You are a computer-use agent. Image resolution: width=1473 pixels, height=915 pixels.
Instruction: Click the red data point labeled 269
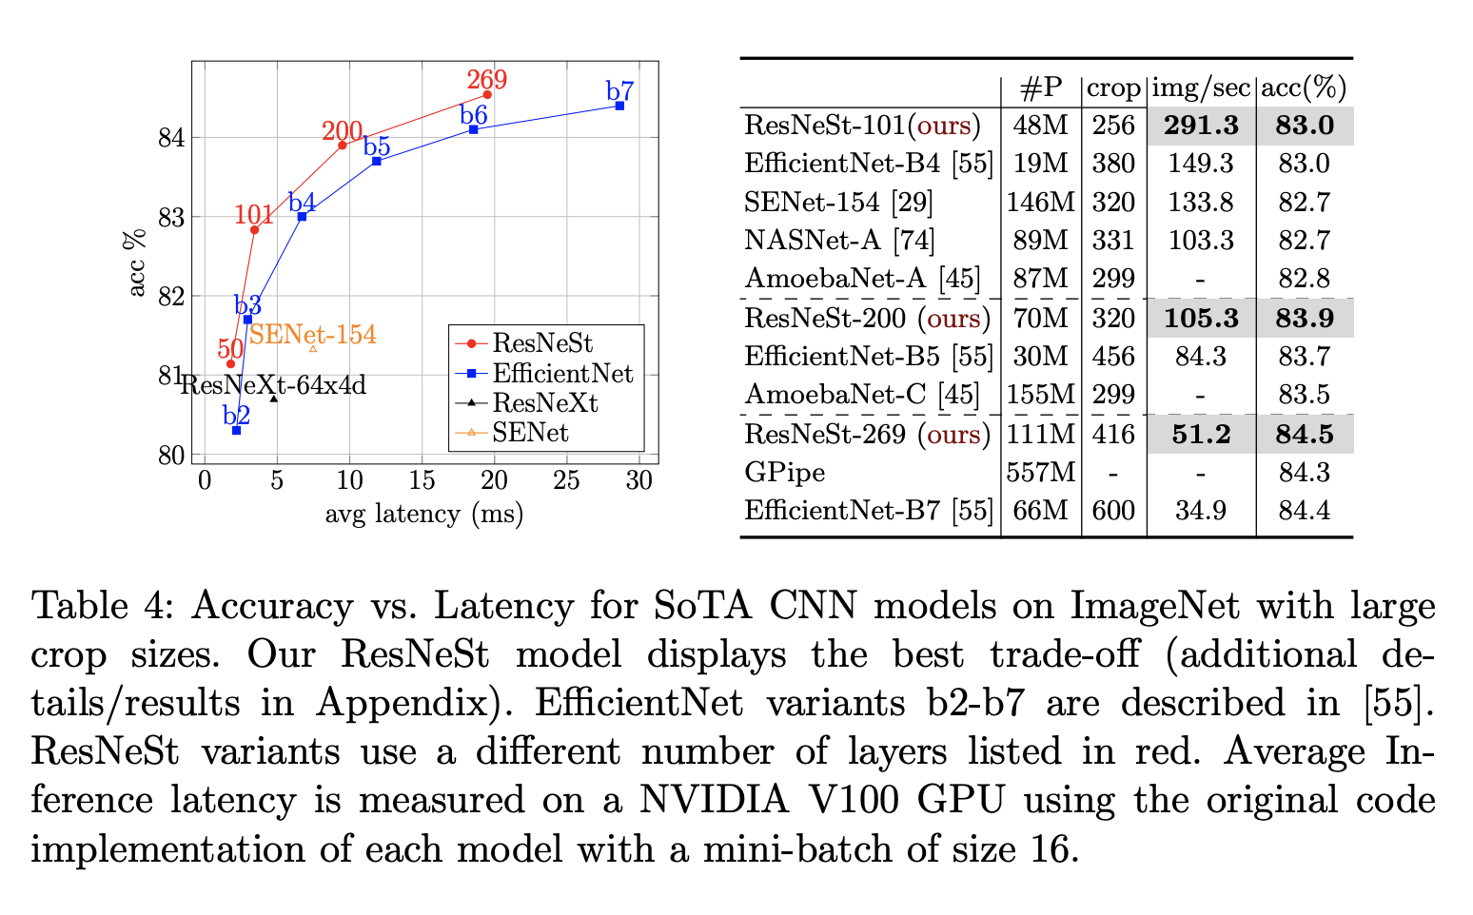(x=487, y=94)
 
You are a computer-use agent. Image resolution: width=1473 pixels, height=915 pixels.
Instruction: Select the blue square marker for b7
(x=619, y=106)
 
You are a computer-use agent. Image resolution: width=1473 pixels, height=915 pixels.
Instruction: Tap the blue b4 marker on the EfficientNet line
(x=302, y=217)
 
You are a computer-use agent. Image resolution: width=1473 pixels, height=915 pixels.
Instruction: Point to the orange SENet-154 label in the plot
(x=313, y=335)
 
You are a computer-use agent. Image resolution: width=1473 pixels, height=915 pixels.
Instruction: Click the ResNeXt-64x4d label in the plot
(x=273, y=385)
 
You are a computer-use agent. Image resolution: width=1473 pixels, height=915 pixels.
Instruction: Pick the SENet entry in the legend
(x=530, y=433)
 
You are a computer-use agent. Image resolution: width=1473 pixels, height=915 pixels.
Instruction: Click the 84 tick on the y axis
(x=170, y=138)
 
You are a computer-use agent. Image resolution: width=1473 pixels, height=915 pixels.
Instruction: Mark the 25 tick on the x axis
(x=566, y=480)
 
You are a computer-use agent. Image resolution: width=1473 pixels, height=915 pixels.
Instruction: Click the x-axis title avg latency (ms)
(x=424, y=515)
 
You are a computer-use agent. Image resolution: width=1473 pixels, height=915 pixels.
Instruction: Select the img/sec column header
(x=1201, y=88)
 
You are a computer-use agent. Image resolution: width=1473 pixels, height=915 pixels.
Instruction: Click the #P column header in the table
(x=1040, y=88)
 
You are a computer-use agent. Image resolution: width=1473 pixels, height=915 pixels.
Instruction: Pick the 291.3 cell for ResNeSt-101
(x=1201, y=126)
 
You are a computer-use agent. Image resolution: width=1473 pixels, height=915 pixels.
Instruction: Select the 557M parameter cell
(x=1041, y=472)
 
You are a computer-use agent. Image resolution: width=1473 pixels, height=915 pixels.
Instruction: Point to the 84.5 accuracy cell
(x=1304, y=434)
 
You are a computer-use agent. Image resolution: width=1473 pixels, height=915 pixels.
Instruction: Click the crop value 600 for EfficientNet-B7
(x=1113, y=511)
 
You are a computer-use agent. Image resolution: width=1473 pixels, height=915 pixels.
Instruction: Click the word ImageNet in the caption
(x=1154, y=605)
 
